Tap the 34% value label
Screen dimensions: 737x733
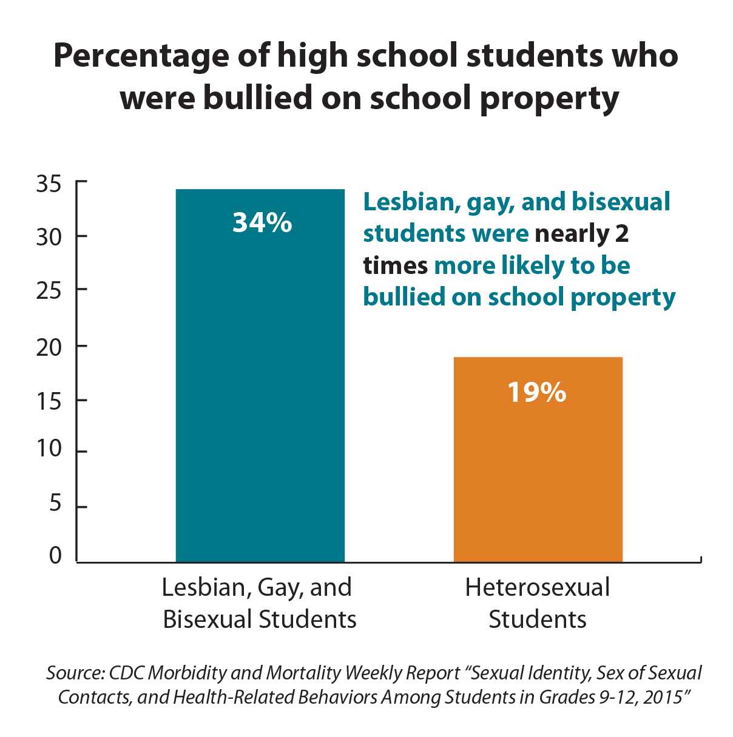262,223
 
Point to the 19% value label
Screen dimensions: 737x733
536,393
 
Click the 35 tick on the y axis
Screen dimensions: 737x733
49,183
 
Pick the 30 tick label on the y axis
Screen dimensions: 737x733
49,237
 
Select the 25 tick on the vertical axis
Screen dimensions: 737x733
49,291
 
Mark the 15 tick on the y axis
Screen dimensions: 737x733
49,401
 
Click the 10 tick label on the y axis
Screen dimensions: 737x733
49,449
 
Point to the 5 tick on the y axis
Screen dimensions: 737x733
55,503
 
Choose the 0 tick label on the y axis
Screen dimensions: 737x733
55,555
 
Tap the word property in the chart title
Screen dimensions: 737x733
550,99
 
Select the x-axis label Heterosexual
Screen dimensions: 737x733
538,588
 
